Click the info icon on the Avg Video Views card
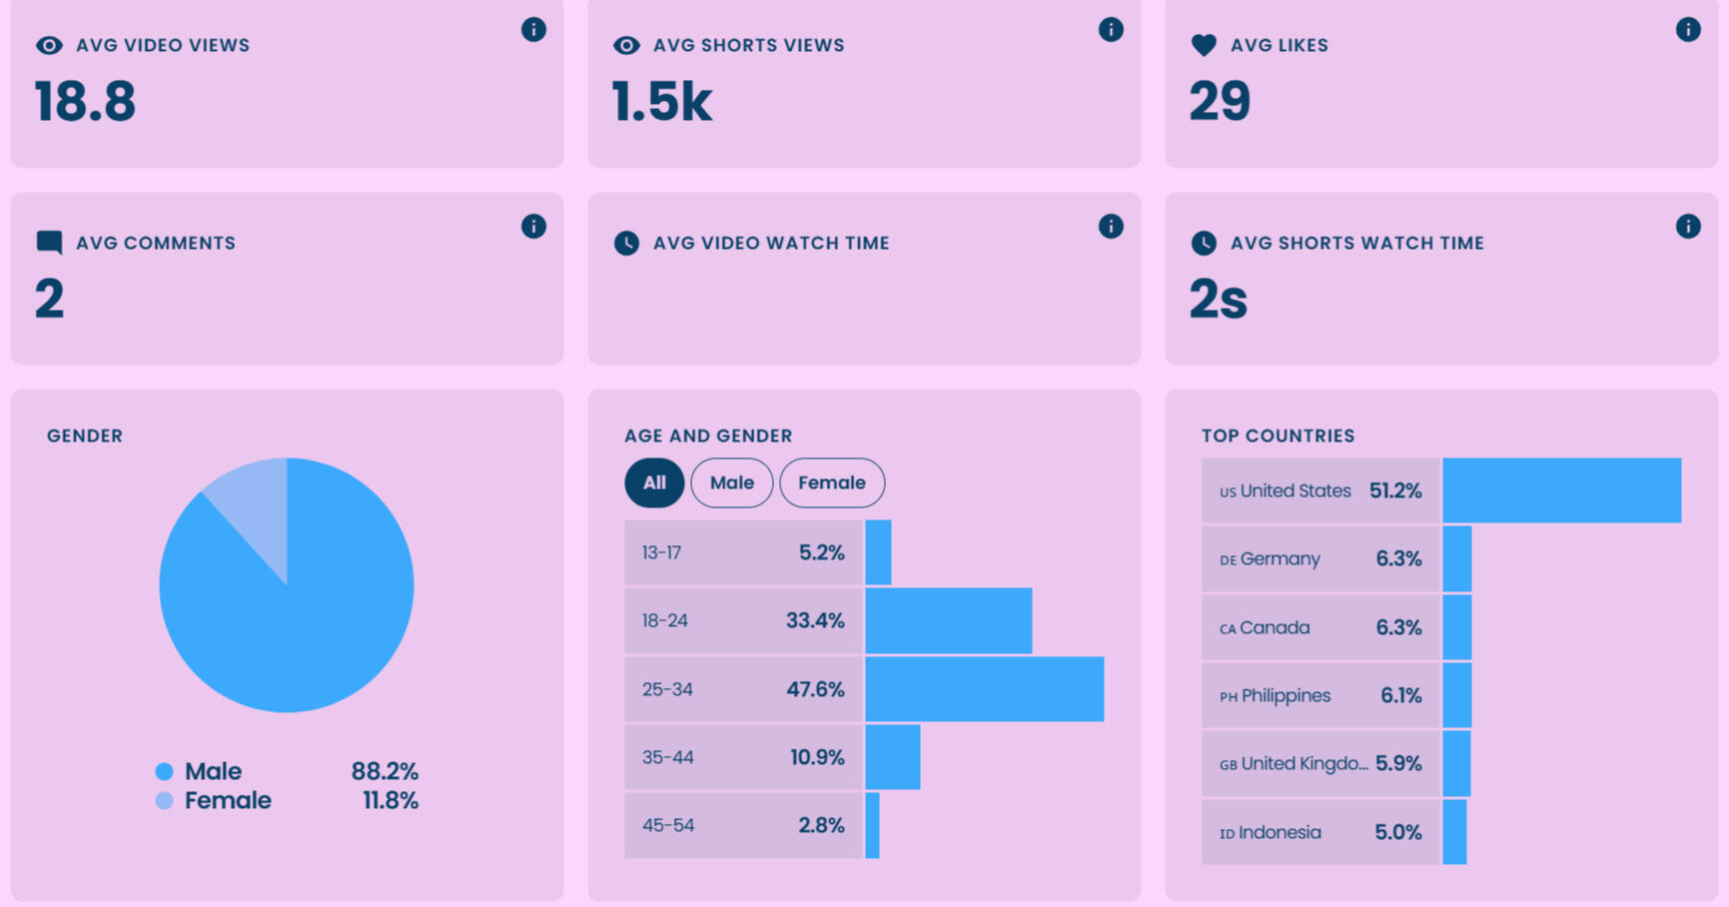pos(533,30)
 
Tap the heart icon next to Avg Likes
pos(1204,45)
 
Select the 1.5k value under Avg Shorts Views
pos(662,102)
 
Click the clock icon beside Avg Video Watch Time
pos(626,243)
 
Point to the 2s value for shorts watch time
pos(1218,299)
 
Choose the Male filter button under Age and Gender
pos(731,482)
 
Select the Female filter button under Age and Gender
pos(831,482)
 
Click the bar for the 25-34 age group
pos(984,689)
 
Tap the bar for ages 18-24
pos(948,620)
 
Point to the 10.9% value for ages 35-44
pos(817,757)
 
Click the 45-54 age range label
pos(667,825)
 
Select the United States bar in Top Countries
pos(1561,490)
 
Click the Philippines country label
pos(1285,695)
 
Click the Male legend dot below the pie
pos(165,771)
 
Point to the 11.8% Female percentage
pos(390,800)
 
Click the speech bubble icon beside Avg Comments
pos(49,243)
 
